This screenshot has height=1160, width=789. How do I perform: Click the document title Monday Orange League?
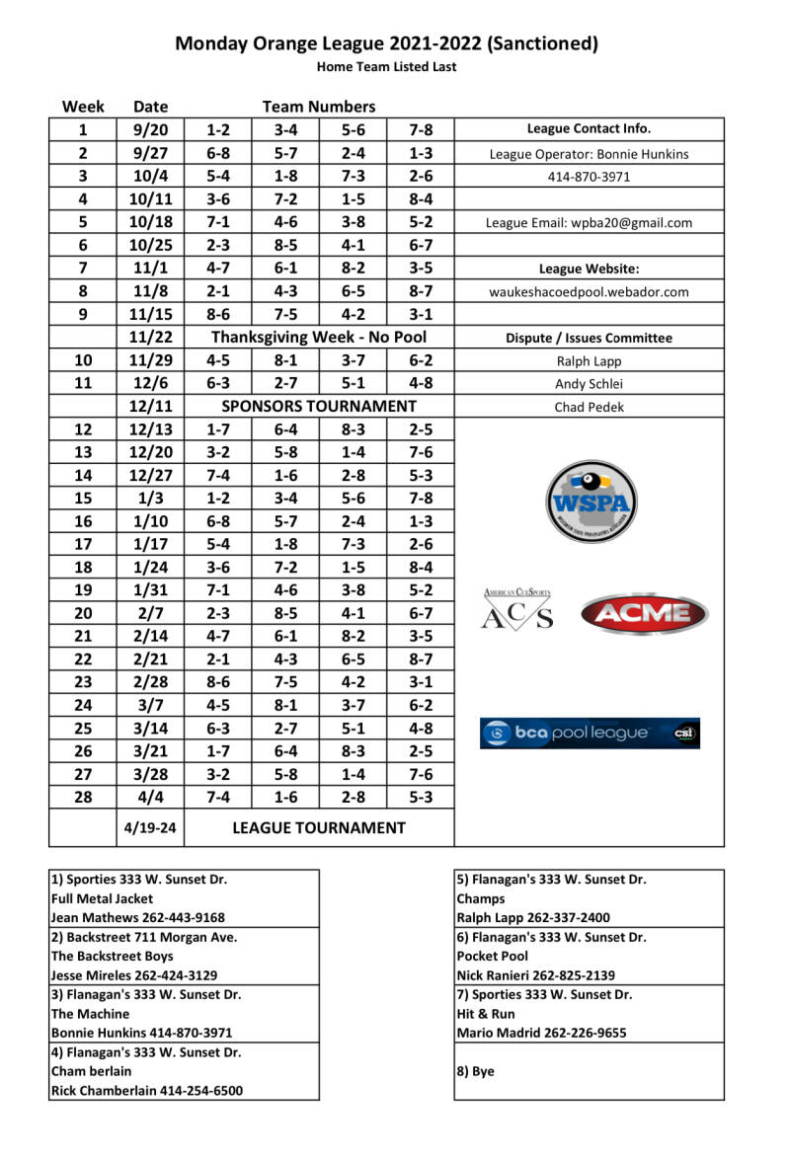(386, 43)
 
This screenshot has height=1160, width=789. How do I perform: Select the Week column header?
(83, 107)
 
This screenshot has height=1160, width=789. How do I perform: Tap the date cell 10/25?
(150, 245)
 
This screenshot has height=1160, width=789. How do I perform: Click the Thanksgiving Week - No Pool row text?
(319, 338)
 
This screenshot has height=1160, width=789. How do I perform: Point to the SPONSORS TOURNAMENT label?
(319, 407)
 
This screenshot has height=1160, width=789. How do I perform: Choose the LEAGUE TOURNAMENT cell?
(319, 828)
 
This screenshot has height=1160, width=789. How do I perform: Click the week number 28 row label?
(83, 798)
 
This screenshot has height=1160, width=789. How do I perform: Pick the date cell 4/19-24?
(150, 828)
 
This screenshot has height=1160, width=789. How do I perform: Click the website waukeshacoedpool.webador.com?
(590, 292)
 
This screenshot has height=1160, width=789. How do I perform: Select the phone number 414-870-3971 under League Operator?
(590, 178)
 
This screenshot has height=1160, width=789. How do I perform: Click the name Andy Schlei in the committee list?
(590, 384)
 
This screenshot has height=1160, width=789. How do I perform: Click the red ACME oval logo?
(644, 613)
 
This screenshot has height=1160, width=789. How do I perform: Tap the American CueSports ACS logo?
(517, 609)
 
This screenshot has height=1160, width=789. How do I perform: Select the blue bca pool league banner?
(590, 733)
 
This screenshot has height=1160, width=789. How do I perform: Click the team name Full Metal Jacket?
(103, 898)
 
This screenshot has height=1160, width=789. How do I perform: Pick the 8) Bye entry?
(475, 1071)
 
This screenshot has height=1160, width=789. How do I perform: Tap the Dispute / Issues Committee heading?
(590, 338)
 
